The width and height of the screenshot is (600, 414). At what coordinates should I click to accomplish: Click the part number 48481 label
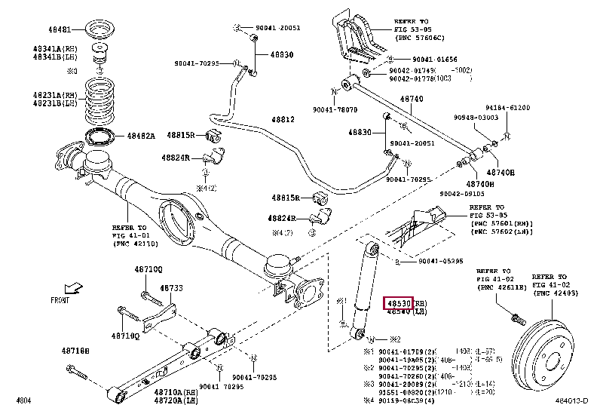coord(62,29)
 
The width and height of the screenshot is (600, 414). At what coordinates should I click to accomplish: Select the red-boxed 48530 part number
coord(399,302)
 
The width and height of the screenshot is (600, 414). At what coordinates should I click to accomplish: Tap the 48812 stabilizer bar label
coord(283,120)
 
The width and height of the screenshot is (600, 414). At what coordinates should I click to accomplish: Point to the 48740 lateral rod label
coord(411,99)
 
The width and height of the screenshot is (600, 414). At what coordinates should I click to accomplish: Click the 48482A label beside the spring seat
coord(140,136)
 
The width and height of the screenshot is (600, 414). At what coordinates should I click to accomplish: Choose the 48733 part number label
coord(172,288)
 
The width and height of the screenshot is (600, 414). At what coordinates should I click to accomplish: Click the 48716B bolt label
coord(75,351)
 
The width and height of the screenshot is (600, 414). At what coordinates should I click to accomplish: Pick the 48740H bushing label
coord(480,184)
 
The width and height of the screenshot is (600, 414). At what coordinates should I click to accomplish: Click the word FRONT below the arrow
coord(62,299)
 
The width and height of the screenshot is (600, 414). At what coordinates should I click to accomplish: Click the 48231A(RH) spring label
coord(54,94)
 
